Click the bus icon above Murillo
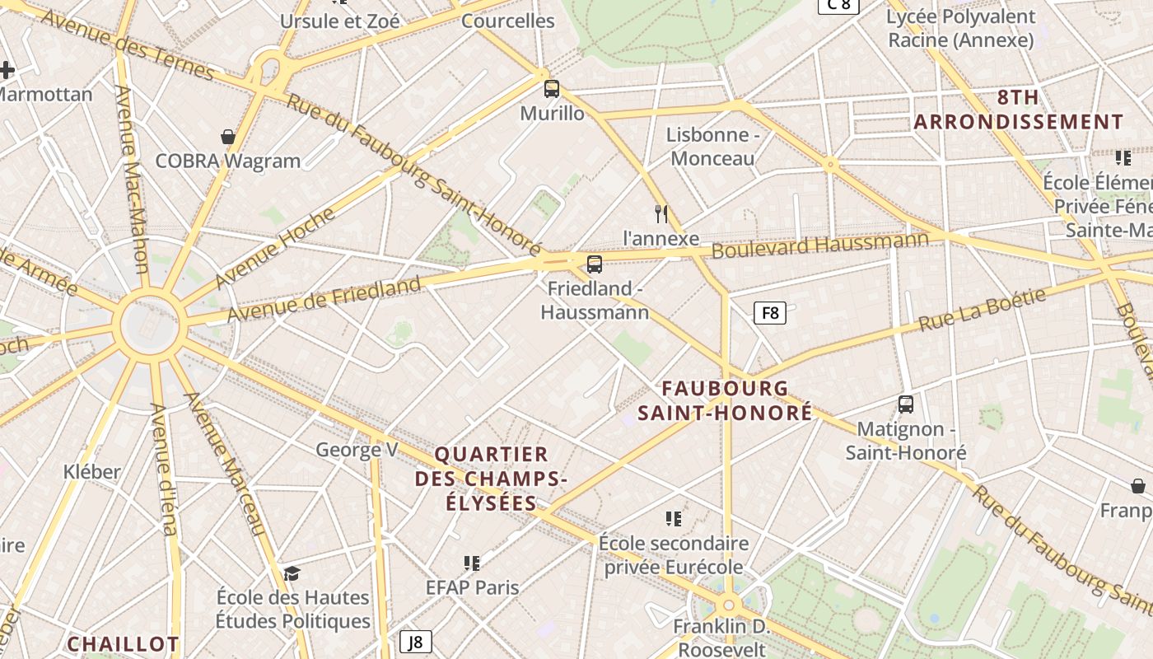[x=552, y=89]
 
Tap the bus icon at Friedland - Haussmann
[x=594, y=264]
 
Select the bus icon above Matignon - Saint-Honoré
[x=906, y=404]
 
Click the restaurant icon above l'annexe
[x=661, y=214]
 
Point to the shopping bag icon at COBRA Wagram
[x=228, y=137]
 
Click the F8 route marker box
[x=770, y=313]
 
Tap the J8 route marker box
[x=416, y=642]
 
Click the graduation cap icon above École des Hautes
[x=292, y=573]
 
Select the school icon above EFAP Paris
[x=472, y=563]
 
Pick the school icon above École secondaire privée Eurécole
[x=674, y=519]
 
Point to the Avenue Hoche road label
[x=275, y=248]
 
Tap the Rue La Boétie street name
[x=982, y=310]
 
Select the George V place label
[x=357, y=450]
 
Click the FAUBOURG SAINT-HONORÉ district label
[x=725, y=400]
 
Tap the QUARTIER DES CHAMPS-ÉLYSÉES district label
[x=492, y=479]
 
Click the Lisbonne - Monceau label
[x=712, y=147]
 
